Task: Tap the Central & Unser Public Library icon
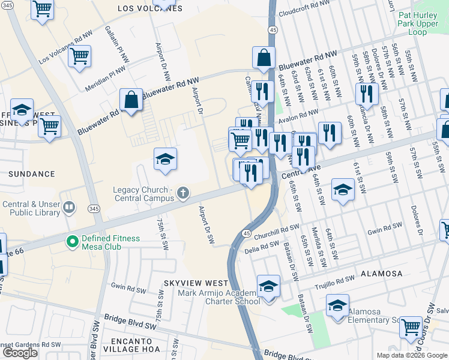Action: (x=70, y=208)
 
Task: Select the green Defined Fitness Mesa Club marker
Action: (x=73, y=242)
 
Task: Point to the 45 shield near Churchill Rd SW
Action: (x=247, y=233)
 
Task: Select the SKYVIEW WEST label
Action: (x=196, y=283)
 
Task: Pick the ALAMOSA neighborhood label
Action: (x=382, y=274)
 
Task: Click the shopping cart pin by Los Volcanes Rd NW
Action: (x=79, y=56)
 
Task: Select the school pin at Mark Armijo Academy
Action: (x=268, y=285)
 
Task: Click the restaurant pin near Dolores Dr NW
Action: (x=365, y=93)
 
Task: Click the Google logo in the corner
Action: (x=20, y=353)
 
